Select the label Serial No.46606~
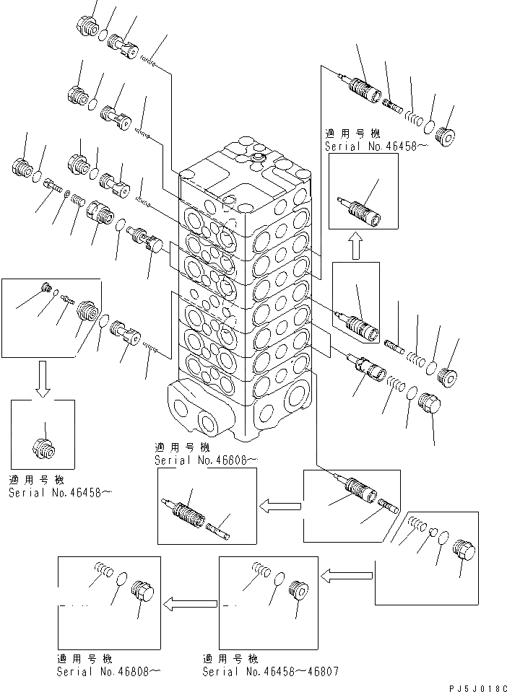click(205, 460)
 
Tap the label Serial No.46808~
click(108, 671)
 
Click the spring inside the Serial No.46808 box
click(101, 573)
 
